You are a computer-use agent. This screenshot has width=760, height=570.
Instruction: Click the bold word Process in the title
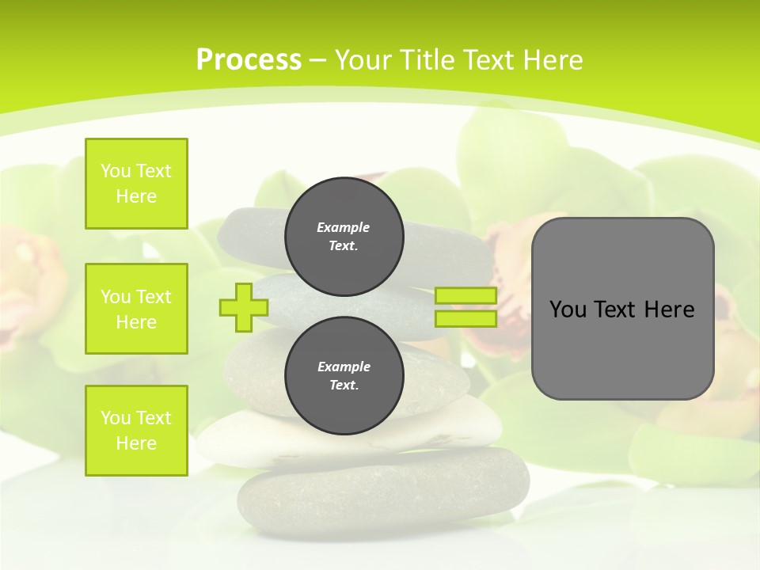tap(249, 60)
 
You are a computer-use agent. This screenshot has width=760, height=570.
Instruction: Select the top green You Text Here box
tap(136, 184)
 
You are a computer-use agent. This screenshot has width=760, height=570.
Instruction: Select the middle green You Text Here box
tap(136, 309)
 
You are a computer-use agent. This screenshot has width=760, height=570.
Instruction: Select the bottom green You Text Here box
tap(136, 431)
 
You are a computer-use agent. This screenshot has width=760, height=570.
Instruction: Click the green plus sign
tap(243, 308)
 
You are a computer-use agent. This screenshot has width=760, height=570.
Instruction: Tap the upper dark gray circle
tap(344, 236)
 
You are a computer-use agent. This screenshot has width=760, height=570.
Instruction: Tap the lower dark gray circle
tap(344, 375)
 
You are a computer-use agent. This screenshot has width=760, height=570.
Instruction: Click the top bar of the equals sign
tap(465, 296)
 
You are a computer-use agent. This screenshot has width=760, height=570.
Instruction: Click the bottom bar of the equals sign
tap(465, 319)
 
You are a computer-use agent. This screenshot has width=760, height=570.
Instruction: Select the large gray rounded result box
tap(622, 348)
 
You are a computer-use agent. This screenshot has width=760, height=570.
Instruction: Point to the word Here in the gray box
tap(669, 310)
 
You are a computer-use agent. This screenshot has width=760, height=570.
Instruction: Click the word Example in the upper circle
tap(344, 227)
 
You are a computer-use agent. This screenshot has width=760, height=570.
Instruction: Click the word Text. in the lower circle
tap(344, 386)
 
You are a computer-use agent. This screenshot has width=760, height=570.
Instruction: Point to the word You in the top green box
tap(115, 171)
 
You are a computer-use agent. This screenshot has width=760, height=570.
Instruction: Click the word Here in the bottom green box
tap(136, 443)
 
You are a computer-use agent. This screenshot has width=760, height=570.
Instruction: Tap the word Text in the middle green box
tap(154, 297)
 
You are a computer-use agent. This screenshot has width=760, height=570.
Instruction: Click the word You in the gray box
tap(568, 310)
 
